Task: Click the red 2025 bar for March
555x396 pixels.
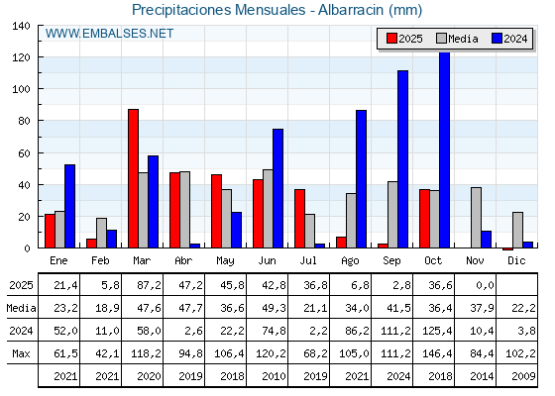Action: click(133, 178)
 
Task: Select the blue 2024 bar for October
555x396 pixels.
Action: click(444, 150)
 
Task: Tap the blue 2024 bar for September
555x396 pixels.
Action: click(402, 158)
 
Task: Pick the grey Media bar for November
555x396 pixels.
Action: click(476, 218)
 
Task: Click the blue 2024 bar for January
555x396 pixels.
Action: click(69, 206)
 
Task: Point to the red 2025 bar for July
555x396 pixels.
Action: click(299, 218)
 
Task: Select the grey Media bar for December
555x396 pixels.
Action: click(517, 230)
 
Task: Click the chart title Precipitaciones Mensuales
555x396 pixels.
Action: click(277, 10)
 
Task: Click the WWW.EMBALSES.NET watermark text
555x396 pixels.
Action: click(109, 34)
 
